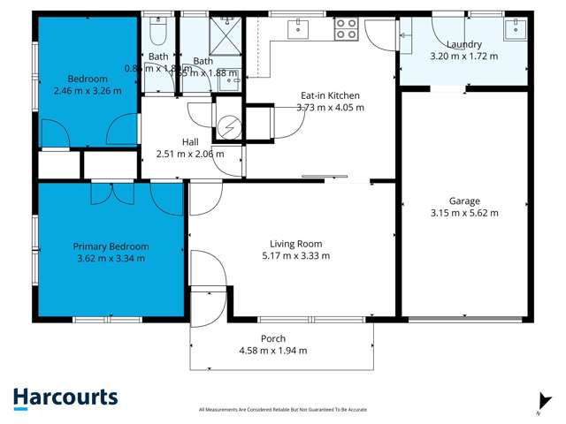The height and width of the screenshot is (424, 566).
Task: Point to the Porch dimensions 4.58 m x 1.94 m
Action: [273, 351]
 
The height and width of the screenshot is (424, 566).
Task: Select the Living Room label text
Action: [296, 244]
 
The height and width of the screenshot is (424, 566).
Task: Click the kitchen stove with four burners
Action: [345, 29]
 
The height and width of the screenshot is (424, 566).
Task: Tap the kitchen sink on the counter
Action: [299, 28]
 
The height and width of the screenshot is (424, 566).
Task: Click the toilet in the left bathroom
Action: [157, 34]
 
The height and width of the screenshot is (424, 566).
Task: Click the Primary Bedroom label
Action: [111, 246]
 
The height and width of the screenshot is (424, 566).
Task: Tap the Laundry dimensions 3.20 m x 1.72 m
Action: [463, 56]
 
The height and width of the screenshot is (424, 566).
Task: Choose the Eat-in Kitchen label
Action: [332, 95]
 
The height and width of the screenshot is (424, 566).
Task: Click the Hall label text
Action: [190, 141]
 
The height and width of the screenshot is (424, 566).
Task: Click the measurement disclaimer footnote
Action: [283, 409]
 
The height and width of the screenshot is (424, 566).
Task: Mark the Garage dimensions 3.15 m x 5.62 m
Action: [463, 213]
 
